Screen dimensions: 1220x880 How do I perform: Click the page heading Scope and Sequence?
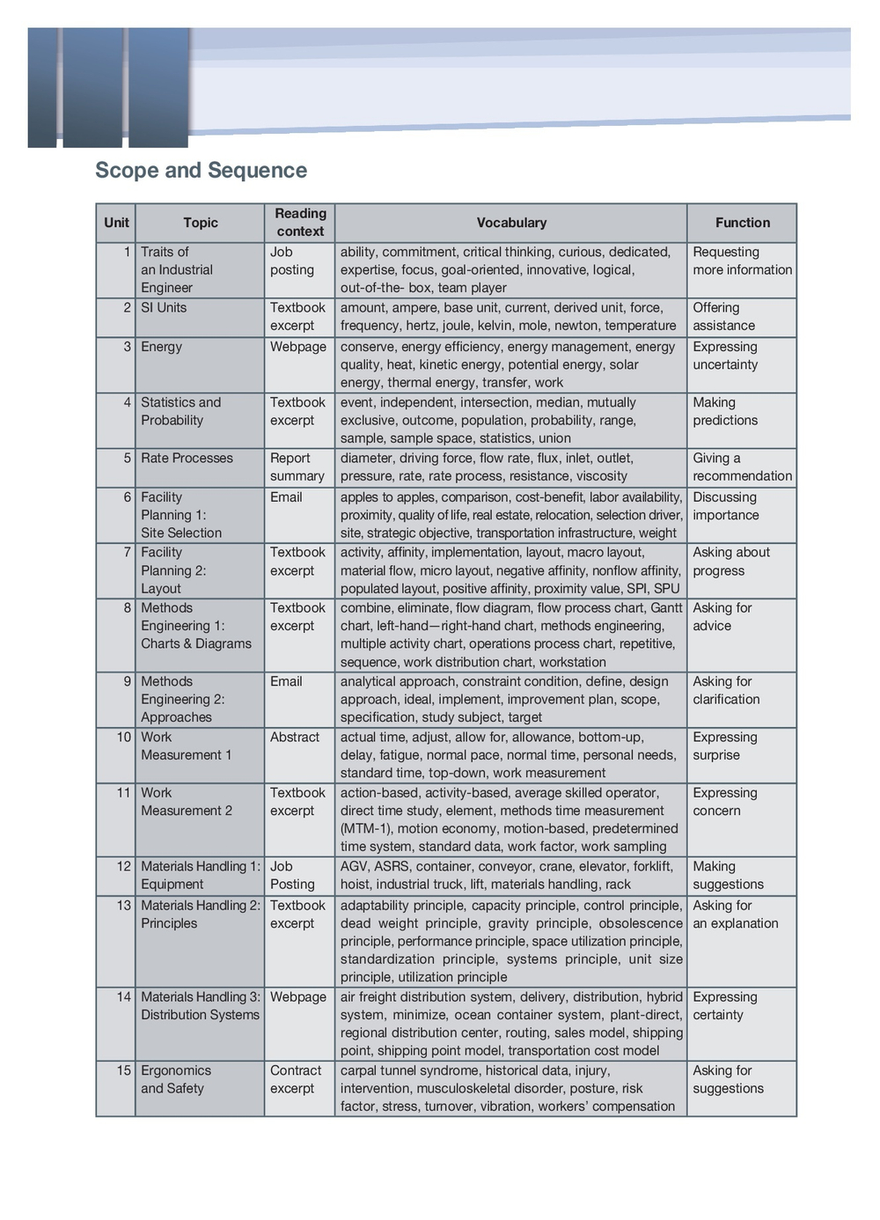[201, 171]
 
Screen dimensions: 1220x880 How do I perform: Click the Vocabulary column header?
[511, 223]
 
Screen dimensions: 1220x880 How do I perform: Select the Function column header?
[742, 223]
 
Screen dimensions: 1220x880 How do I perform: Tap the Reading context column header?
[300, 223]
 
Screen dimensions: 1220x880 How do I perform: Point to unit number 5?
[127, 459]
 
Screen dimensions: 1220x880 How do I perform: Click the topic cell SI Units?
[164, 308]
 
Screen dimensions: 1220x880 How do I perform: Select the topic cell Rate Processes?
[187, 459]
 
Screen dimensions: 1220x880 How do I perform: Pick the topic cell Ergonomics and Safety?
[175, 1079]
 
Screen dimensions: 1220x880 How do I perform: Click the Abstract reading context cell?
[295, 738]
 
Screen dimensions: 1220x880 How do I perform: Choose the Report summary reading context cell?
[297, 467]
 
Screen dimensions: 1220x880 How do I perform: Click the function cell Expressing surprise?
[724, 746]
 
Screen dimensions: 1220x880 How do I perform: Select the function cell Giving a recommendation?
[742, 467]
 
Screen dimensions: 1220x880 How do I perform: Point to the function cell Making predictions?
[724, 411]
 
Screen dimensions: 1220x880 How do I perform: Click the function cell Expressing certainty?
[724, 1006]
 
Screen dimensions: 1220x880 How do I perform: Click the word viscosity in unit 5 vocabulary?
[600, 476]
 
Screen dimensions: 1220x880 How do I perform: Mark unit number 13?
[124, 906]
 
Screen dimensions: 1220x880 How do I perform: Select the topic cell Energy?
[161, 347]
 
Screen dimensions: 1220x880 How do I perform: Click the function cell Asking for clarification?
[725, 690]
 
